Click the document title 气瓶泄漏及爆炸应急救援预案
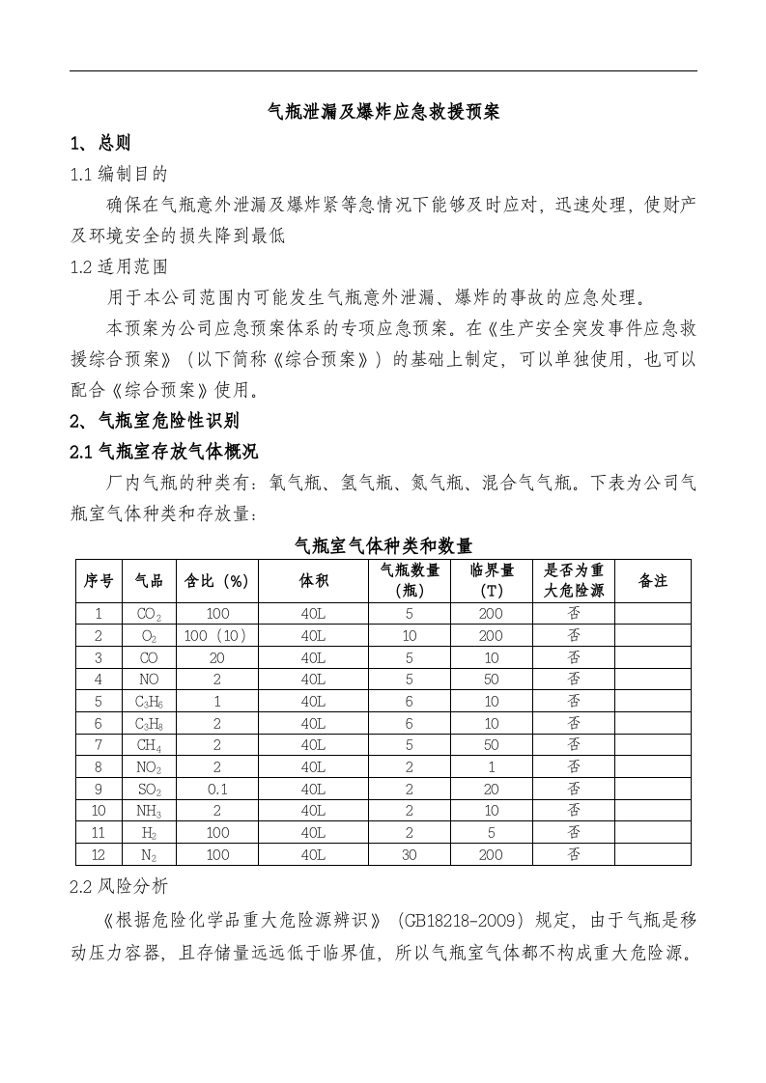point(383,112)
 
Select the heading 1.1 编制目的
point(119,174)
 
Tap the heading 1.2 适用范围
point(119,266)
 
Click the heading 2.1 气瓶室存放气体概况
point(164,452)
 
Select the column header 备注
point(653,581)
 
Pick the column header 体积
point(313,581)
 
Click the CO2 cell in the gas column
point(149,614)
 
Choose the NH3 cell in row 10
point(149,811)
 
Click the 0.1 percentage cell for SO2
point(216,789)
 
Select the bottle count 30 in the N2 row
point(410,854)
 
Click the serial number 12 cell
point(98,854)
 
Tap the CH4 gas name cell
point(149,745)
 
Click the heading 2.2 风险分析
point(119,884)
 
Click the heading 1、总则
point(100,143)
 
